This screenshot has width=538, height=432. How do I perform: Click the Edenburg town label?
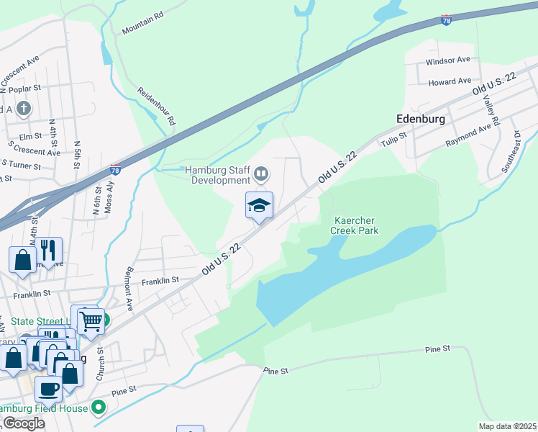tap(420, 118)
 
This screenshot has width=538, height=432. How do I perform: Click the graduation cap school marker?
tap(259, 206)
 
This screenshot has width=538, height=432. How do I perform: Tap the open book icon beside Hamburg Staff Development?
tap(261, 174)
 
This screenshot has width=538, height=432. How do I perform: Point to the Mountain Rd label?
tap(143, 27)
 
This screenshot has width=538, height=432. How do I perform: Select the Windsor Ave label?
tap(447, 60)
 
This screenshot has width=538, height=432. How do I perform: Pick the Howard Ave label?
tap(450, 81)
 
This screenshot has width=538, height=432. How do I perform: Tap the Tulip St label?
tap(394, 137)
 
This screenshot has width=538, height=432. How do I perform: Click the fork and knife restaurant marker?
tap(49, 251)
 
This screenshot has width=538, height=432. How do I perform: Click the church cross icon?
tap(24, 109)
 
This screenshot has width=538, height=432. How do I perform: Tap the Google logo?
tap(24, 423)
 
